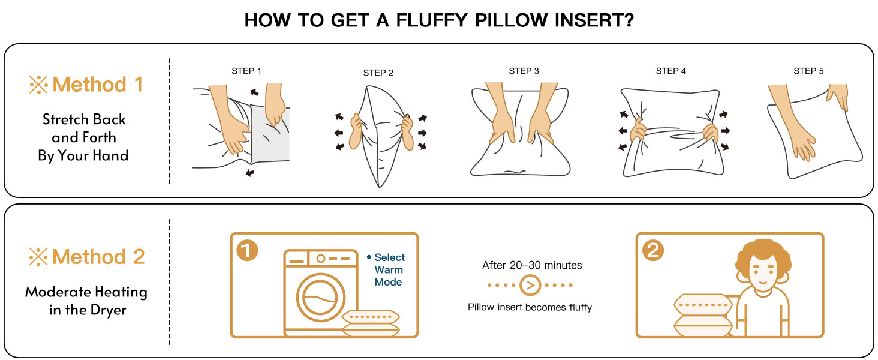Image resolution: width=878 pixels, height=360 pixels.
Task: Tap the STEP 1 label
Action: pos(246,71)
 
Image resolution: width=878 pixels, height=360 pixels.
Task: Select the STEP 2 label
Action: pos(378,73)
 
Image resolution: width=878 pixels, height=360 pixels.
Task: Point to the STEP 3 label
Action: pos(524,71)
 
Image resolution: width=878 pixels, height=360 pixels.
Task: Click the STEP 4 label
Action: pos(670,71)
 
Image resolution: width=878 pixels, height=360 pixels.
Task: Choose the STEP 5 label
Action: pos(808,71)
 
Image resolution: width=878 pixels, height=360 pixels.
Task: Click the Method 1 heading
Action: pos(97,85)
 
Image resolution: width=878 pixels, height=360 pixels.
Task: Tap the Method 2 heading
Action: pos(98,257)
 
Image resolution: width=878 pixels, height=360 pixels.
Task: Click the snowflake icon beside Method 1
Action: pos(38,85)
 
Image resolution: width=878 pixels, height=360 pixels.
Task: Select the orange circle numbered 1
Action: pos(247,250)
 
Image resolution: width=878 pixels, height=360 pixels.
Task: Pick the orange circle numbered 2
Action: pos(653,250)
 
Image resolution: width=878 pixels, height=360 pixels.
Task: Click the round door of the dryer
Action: pos(321,298)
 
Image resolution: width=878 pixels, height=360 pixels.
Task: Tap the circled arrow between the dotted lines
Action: pos(530,285)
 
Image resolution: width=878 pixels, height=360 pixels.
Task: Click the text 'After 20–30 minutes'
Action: pos(532,265)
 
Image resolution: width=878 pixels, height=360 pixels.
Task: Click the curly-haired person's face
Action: pos(763,272)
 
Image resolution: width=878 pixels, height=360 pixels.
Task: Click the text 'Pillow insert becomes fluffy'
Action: pos(530,307)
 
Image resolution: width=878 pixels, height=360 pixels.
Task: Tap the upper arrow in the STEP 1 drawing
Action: pos(254,92)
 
